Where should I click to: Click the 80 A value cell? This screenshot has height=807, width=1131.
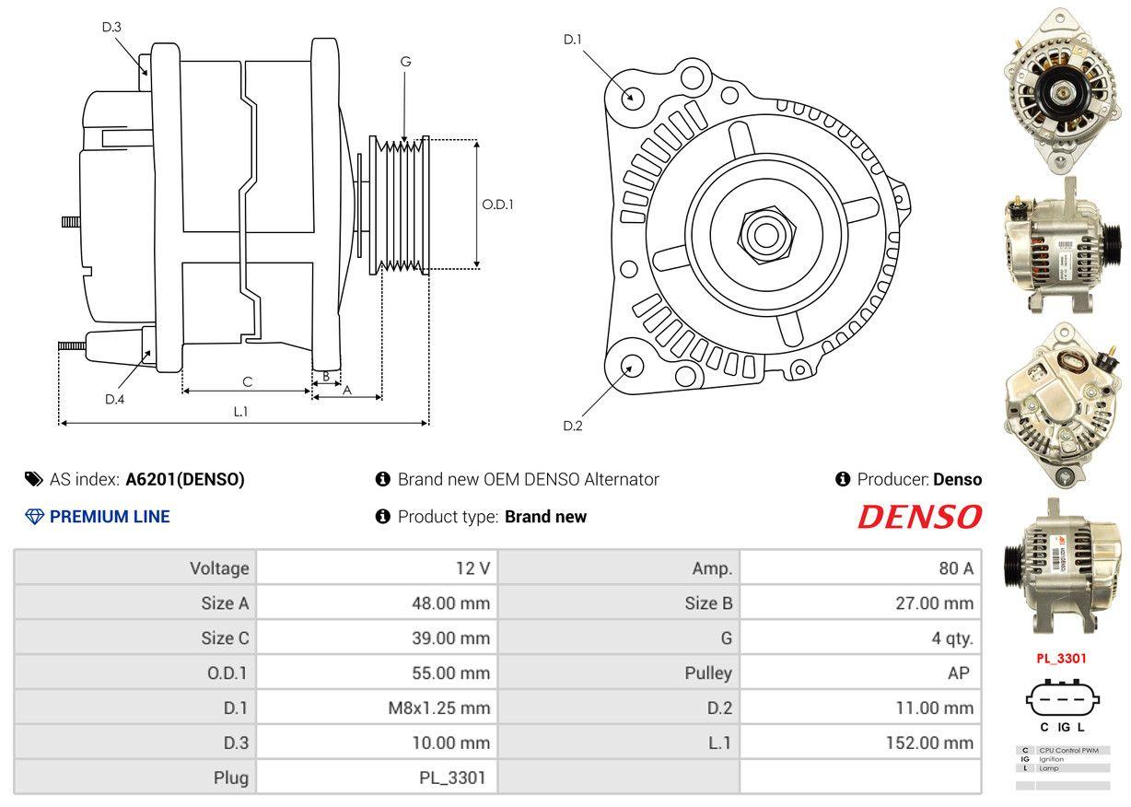pos(955,568)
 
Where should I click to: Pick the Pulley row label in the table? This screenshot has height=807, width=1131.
pos(708,672)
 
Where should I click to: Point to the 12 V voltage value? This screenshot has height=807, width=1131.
pos(472,568)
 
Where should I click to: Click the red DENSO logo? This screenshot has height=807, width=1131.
pos(919,517)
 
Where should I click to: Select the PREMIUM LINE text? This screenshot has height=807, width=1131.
pos(109,517)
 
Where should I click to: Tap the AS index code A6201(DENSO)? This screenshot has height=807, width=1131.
pos(185,479)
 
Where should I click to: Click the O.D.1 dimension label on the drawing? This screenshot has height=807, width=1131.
pos(497,205)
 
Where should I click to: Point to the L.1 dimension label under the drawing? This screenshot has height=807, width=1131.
pos(240,412)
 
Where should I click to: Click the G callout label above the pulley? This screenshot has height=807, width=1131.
pos(405,63)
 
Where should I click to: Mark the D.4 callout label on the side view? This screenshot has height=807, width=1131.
pos(114,399)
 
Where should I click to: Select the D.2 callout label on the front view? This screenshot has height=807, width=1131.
pos(573,426)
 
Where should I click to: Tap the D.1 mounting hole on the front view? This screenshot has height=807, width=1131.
pos(632,97)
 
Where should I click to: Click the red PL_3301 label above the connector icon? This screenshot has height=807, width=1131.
pos(1061,659)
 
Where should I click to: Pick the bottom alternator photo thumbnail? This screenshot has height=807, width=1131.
pos(1062,566)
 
